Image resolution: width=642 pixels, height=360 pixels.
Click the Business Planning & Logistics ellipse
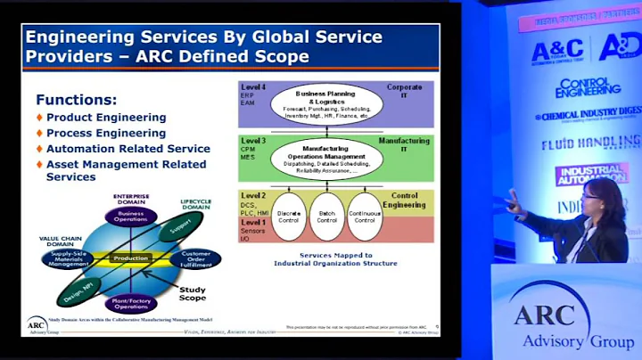click(326, 103)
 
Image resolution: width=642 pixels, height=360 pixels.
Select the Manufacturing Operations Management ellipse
click(325, 158)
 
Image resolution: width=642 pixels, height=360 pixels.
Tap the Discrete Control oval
click(289, 217)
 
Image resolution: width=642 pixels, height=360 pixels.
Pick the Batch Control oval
click(327, 217)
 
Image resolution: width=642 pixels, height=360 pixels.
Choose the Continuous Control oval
click(366, 217)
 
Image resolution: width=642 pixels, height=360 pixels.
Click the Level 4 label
click(252, 87)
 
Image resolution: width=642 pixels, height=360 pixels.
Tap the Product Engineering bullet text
click(106, 118)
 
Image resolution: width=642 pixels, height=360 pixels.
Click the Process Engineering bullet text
click(106, 134)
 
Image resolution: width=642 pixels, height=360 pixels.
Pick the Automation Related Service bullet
click(128, 149)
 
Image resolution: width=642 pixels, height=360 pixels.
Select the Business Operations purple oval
click(131, 217)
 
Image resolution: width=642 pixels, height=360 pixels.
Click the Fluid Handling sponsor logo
click(590, 143)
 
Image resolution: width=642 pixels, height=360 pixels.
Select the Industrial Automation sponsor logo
click(591, 173)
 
